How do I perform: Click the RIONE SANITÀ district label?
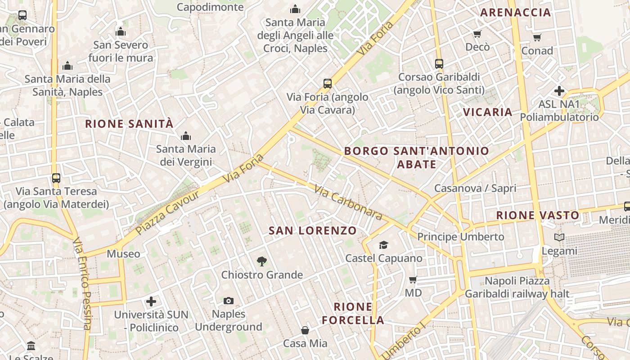pyautogui.click(x=129, y=124)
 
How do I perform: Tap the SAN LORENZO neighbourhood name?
pyautogui.click(x=313, y=231)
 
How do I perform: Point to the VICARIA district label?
pyautogui.click(x=488, y=112)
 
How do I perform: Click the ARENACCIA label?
pyautogui.click(x=516, y=13)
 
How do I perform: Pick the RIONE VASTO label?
pyautogui.click(x=538, y=216)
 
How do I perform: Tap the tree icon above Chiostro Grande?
pyautogui.click(x=261, y=261)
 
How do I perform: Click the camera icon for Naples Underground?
pyautogui.click(x=229, y=301)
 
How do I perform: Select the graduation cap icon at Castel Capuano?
pyautogui.click(x=383, y=245)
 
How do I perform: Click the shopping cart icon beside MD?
pyautogui.click(x=413, y=280)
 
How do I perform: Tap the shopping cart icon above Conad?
pyautogui.click(x=537, y=38)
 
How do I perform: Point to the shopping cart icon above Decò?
pyautogui.click(x=477, y=34)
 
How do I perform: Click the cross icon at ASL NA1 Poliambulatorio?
pyautogui.click(x=559, y=91)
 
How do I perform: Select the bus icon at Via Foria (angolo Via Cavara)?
pyautogui.click(x=328, y=84)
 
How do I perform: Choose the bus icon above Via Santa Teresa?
pyautogui.click(x=56, y=178)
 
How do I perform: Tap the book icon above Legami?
pyautogui.click(x=559, y=238)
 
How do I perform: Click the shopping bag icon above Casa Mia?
pyautogui.click(x=305, y=330)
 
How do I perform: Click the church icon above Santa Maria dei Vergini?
pyautogui.click(x=185, y=136)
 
